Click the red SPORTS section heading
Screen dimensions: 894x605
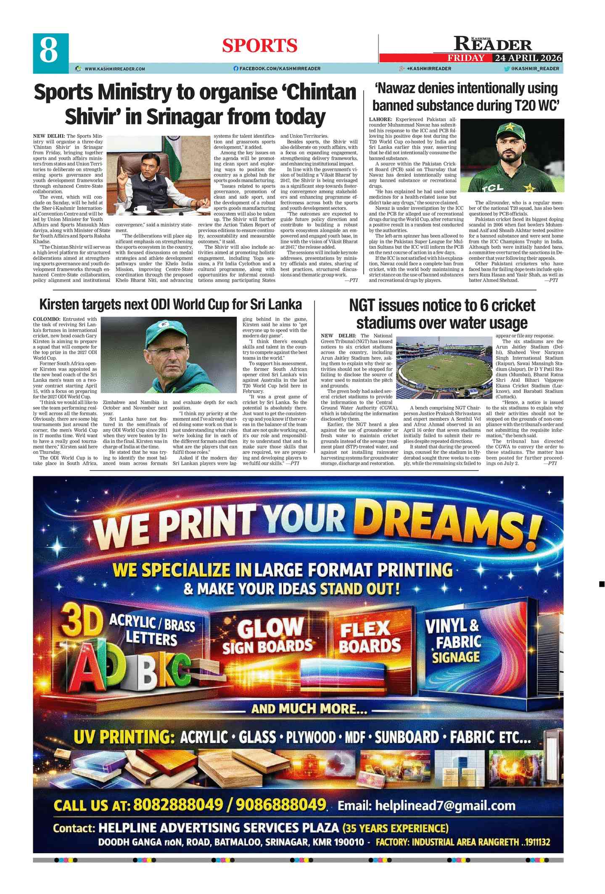point(259,45)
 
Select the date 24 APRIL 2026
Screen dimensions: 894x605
point(528,58)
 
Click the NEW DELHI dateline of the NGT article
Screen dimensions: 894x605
point(338,335)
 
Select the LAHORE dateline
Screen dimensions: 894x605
point(380,120)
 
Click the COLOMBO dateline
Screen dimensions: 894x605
point(47,319)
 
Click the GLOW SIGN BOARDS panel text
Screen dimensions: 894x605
point(268,636)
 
